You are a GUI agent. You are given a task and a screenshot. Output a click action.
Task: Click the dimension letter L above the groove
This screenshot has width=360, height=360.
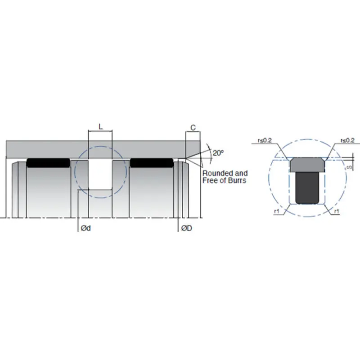coord(100,127)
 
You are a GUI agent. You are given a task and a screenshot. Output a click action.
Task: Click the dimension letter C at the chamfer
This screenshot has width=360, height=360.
coord(193,128)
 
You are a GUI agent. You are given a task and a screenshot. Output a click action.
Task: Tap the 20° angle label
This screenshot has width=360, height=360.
coord(218,153)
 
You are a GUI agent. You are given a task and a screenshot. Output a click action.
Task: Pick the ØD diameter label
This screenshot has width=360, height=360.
coord(187,228)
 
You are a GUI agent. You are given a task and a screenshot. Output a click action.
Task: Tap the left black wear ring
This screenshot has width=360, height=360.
coord(48,162)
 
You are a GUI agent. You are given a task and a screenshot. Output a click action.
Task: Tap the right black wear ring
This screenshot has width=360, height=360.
coord(152,162)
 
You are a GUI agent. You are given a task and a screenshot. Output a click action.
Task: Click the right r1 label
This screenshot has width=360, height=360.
coord(337,211)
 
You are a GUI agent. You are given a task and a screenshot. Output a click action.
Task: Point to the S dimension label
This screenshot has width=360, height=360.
coord(351,168)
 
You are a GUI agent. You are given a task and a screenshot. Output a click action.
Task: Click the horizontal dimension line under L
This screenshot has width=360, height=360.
coord(100,131)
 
